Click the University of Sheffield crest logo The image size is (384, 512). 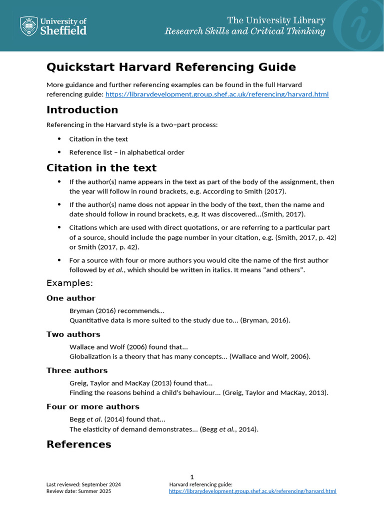point(28,26)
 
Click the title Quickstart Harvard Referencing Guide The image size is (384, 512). point(171,67)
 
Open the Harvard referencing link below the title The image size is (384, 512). point(216,94)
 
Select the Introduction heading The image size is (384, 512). point(82,109)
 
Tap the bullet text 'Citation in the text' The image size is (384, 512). point(98,139)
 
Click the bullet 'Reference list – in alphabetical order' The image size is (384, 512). point(126,152)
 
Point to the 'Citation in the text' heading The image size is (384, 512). point(101,167)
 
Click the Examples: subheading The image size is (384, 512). point(69,283)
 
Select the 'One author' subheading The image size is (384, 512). point(70,298)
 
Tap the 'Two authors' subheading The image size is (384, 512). point(73,334)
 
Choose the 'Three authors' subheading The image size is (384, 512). point(77,370)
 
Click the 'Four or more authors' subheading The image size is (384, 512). point(92,406)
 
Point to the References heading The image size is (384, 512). point(78,444)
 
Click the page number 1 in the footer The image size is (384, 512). point(192,477)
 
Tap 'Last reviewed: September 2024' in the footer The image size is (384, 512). point(83,484)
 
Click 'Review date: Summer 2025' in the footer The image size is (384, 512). point(78,491)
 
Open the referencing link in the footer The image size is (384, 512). point(252,491)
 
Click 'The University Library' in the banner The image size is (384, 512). point(276,20)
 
